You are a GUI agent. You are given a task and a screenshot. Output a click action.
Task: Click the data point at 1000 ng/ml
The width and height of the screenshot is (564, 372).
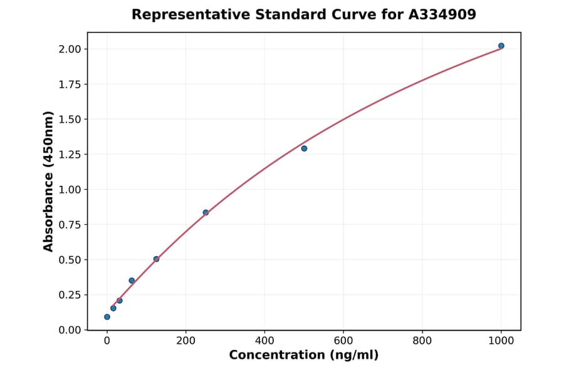(x=501, y=46)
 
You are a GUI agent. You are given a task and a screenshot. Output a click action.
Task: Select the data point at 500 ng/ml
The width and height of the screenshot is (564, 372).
(x=304, y=148)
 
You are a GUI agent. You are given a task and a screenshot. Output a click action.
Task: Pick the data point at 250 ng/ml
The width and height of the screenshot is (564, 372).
(x=206, y=212)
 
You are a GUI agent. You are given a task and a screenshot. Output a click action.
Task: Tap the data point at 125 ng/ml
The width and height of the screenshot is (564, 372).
(x=156, y=259)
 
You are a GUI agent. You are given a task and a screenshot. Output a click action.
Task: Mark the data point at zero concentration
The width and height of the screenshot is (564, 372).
(x=107, y=317)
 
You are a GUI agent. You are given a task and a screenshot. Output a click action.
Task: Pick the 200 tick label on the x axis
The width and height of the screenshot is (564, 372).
(x=185, y=341)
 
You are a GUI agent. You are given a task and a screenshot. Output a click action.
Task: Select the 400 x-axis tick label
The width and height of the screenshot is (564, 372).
(x=264, y=341)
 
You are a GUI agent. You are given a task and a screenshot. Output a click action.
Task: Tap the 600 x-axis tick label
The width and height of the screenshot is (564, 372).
(x=343, y=341)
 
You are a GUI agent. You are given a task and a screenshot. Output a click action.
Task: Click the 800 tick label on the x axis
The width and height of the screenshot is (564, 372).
(x=422, y=341)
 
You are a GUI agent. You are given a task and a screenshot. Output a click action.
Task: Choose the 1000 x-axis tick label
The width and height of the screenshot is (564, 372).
(x=501, y=341)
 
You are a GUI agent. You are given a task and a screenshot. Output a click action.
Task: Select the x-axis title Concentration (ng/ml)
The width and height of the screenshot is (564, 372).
(x=304, y=356)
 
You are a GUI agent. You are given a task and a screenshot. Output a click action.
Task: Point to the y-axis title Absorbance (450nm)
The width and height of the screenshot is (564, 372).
(x=48, y=182)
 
